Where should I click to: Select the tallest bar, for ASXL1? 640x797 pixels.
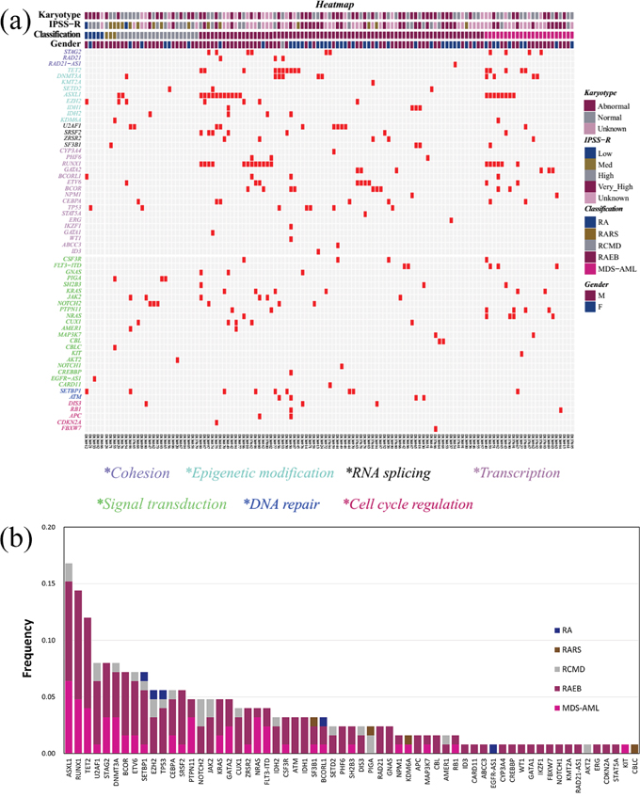(69, 659)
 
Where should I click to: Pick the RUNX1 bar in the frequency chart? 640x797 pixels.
(78, 672)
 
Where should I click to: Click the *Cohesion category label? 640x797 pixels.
(136, 472)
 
